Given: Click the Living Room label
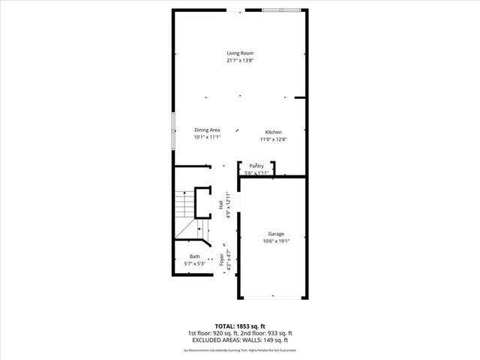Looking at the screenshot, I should (x=240, y=53).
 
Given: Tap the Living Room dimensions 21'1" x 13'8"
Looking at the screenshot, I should (x=240, y=61).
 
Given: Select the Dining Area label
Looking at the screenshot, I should (x=207, y=130).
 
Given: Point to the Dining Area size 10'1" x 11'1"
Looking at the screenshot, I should (x=207, y=137).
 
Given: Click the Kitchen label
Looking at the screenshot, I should (x=273, y=132).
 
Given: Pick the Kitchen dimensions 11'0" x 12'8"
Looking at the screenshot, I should (x=273, y=139).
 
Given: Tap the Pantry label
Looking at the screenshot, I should (x=256, y=166).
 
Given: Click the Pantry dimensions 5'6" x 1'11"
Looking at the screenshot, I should (x=256, y=173).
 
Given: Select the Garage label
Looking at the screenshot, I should (x=276, y=234).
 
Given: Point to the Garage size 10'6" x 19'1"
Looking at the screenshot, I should (x=276, y=241).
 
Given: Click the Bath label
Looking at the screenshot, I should (x=194, y=256).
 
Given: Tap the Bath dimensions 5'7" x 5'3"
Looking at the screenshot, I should (x=194, y=264).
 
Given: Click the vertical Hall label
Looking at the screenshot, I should (x=220, y=205).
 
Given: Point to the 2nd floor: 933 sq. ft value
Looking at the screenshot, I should (x=265, y=334).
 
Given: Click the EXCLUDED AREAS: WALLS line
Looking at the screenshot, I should (x=240, y=340).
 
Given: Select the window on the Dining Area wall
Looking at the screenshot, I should (x=173, y=123).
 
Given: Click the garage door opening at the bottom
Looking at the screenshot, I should (x=273, y=297).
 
